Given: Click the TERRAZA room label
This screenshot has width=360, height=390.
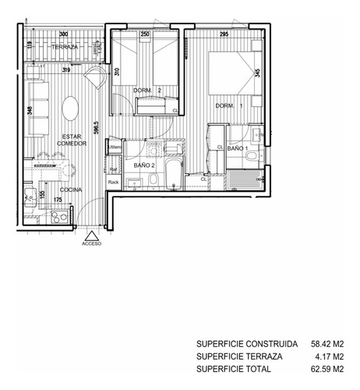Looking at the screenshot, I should point(65,48).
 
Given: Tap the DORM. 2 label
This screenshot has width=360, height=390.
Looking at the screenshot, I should point(148,91).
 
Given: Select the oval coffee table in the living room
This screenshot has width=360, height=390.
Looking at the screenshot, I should point(70,107).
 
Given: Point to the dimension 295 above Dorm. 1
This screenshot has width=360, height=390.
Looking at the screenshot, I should point(224,34).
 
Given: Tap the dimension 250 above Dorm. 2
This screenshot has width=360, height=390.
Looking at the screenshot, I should point(145,34).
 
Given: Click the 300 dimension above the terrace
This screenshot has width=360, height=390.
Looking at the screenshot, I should point(64,34).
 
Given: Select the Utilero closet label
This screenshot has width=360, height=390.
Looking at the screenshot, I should point(115,147).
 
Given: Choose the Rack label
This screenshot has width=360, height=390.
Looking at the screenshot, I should point(113,183).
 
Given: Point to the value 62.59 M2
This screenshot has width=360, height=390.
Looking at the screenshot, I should point(327,369).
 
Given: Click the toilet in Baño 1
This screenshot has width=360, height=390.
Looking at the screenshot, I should point(251,156).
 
